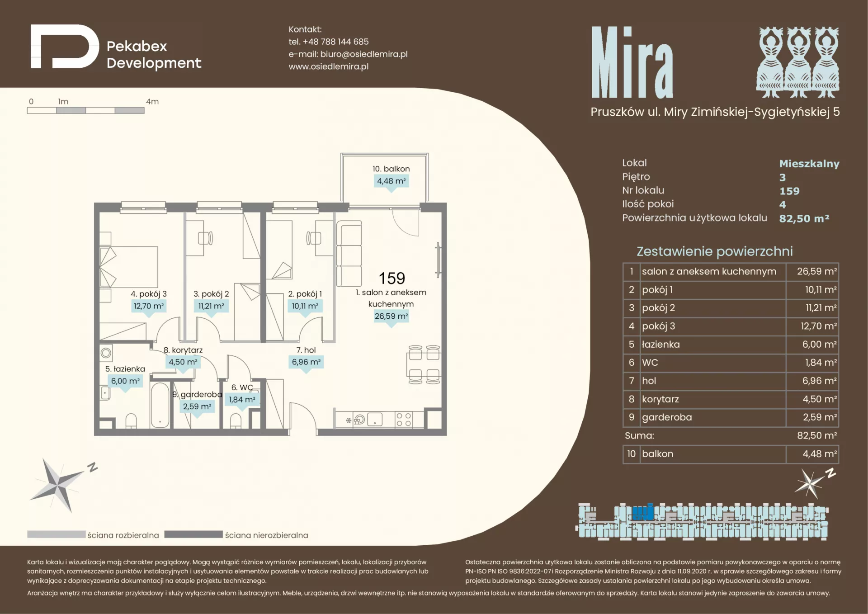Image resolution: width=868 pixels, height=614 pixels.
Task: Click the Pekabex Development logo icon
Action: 65,47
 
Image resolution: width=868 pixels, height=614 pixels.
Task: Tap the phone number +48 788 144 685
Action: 335,42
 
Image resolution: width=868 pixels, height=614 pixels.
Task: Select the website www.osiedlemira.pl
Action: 329,66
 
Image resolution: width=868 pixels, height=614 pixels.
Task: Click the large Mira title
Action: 632,62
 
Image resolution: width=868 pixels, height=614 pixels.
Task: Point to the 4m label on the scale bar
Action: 152,102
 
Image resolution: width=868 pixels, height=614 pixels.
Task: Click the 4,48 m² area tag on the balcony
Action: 392,181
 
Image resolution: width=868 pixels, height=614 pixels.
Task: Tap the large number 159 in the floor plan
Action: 392,278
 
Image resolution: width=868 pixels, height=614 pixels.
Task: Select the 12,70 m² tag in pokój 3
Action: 149,306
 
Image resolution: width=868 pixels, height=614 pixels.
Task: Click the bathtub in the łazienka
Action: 160,405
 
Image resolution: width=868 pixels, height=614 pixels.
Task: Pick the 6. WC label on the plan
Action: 242,387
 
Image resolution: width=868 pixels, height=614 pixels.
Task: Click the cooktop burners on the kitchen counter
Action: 403,420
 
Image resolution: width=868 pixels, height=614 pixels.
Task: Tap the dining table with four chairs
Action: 424,364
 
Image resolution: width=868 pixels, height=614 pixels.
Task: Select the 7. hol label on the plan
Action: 306,350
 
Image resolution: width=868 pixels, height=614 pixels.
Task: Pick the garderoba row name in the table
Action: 667,417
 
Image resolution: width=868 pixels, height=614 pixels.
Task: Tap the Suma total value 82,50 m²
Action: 816,435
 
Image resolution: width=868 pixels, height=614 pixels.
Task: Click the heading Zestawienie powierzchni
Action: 715,251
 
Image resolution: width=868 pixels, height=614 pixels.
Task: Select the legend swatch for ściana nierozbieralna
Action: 193,534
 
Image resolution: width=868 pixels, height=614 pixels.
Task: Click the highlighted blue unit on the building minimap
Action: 642,512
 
